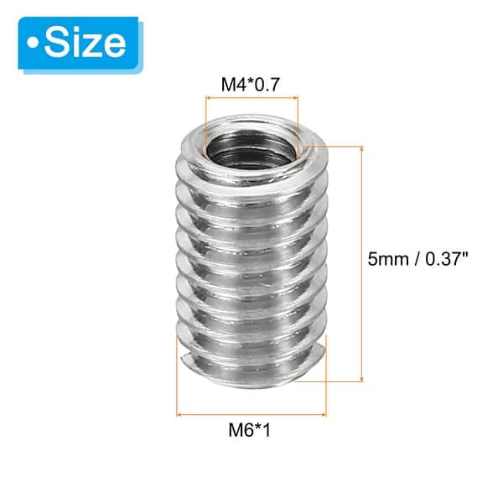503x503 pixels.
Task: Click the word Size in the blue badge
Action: tap(86, 41)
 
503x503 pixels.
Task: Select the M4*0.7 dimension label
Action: tap(251, 85)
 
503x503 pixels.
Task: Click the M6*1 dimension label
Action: tap(251, 433)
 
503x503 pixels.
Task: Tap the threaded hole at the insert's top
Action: tap(251, 143)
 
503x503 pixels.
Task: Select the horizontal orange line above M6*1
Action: tap(251, 414)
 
